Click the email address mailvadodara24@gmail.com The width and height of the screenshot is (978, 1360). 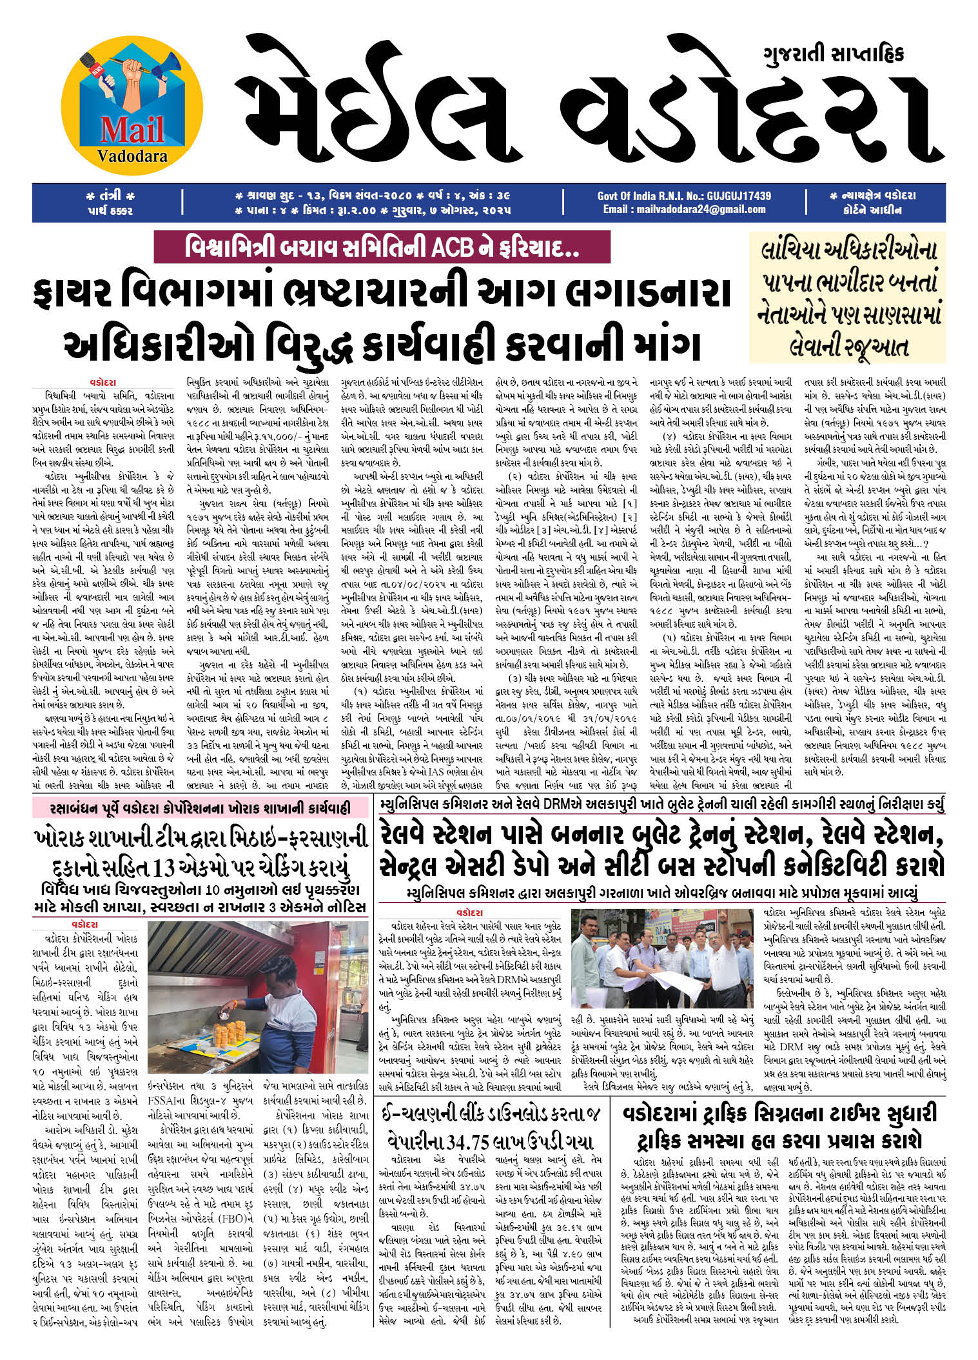pos(684,209)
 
